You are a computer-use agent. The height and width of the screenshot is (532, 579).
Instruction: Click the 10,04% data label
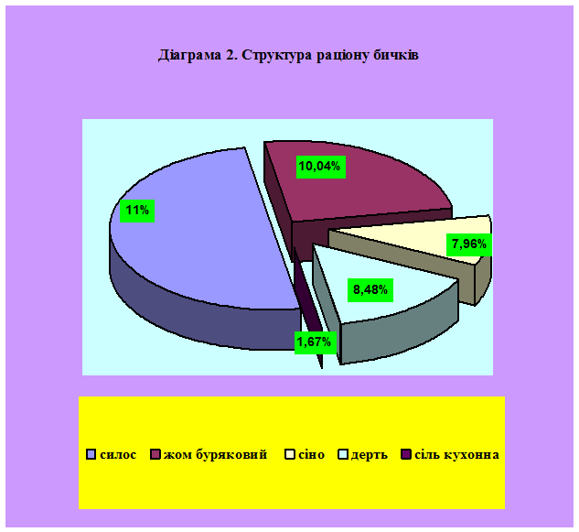(320, 167)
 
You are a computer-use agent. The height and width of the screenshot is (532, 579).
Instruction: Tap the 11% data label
(137, 211)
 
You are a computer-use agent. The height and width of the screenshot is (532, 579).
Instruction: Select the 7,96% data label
(469, 244)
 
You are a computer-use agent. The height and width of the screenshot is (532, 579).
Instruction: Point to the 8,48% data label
(370, 290)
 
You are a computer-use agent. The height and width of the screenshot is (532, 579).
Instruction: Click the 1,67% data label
(315, 342)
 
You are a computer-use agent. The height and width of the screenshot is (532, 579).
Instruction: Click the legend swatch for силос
(91, 454)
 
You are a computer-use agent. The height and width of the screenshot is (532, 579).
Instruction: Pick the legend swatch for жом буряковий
(155, 454)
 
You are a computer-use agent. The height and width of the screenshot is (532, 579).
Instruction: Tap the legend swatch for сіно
(290, 454)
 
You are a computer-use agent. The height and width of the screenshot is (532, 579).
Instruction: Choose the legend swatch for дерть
(343, 454)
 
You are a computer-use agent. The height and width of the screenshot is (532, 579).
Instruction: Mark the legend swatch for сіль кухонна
(406, 454)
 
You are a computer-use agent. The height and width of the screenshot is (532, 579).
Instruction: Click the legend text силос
(118, 455)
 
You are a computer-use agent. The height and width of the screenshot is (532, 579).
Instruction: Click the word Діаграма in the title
(190, 56)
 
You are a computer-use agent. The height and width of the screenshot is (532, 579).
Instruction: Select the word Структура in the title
(278, 56)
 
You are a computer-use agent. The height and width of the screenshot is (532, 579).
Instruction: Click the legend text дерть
(370, 455)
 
